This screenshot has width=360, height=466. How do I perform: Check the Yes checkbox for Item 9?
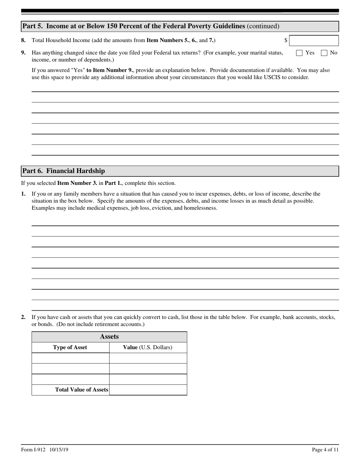click(x=299, y=53)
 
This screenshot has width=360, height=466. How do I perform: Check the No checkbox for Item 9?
click(x=324, y=53)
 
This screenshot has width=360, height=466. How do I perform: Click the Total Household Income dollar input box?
click(x=314, y=41)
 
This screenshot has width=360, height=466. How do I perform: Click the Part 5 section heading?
click(x=134, y=26)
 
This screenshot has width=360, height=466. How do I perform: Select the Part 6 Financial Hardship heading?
click(x=64, y=171)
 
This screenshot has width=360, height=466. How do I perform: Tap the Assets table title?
click(x=109, y=337)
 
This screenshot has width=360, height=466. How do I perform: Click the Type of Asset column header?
click(x=70, y=347)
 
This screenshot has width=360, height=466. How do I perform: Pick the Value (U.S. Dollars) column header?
click(x=148, y=347)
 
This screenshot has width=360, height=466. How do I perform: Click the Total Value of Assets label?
click(x=81, y=389)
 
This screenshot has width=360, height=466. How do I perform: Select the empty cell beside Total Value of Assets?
click(x=148, y=390)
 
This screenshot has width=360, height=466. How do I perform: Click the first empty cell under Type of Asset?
click(x=70, y=358)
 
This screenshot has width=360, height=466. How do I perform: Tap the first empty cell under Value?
click(x=148, y=358)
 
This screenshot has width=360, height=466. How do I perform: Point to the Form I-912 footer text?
click(x=45, y=450)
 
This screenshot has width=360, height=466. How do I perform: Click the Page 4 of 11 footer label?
click(x=325, y=450)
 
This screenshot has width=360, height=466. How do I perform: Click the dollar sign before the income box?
click(x=286, y=41)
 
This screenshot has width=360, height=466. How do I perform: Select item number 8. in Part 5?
click(x=23, y=41)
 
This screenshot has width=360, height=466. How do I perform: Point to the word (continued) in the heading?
click(x=263, y=26)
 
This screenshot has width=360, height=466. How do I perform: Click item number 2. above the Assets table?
click(x=23, y=317)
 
